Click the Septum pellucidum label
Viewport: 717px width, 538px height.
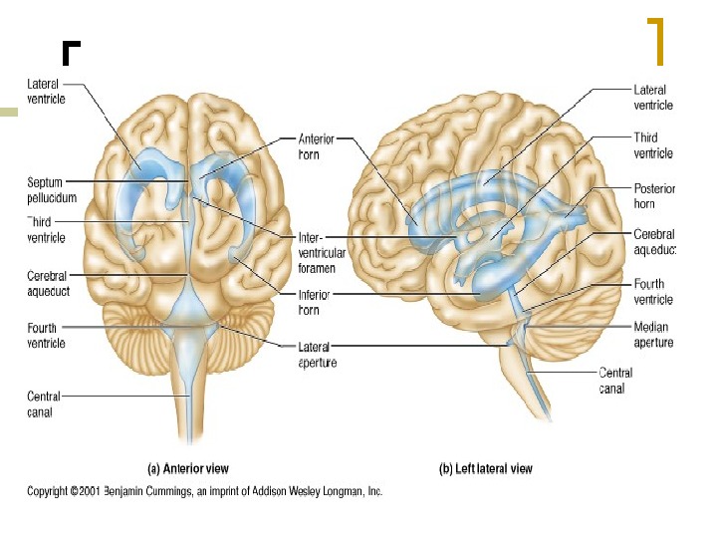(46, 190)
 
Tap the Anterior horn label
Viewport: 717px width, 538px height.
(316, 146)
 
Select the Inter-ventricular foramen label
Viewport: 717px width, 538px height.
(322, 253)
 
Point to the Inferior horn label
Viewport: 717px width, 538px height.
(315, 303)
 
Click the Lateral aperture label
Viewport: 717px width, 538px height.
(317, 355)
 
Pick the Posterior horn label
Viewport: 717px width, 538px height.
(654, 195)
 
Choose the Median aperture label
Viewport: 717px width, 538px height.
(653, 335)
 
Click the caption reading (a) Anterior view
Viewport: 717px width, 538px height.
(188, 468)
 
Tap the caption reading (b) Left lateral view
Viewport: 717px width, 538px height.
(486, 468)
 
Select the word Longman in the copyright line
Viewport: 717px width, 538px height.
(338, 491)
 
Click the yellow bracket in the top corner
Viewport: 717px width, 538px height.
(656, 40)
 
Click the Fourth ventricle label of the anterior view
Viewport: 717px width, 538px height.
(46, 336)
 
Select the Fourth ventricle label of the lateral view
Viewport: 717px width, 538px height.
(653, 292)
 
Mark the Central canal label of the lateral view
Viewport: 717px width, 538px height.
(614, 381)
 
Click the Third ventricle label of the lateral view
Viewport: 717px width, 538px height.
(653, 145)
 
